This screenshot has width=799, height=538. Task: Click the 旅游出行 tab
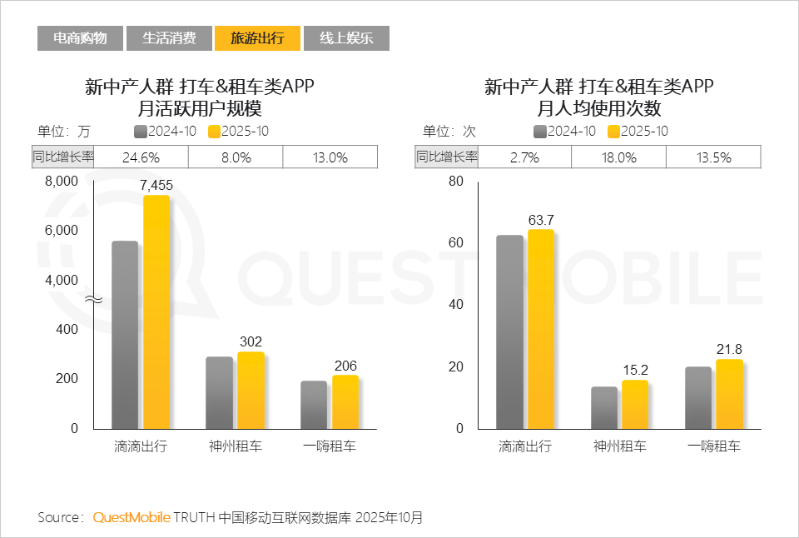click(257, 38)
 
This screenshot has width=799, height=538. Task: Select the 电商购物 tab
click(80, 38)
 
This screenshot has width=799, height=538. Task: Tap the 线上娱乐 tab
click(346, 38)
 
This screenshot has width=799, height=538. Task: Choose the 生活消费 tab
click(169, 38)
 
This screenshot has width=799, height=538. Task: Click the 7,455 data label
click(156, 186)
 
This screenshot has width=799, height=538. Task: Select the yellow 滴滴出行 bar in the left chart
click(156, 312)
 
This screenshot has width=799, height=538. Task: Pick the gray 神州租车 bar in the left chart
click(220, 392)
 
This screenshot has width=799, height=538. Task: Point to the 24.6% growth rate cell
click(141, 157)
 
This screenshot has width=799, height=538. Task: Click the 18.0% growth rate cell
click(619, 157)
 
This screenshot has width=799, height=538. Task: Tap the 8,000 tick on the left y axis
click(62, 182)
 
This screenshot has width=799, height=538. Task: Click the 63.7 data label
click(541, 220)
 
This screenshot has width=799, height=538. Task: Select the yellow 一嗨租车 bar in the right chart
click(729, 394)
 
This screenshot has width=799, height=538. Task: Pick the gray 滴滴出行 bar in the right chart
click(510, 331)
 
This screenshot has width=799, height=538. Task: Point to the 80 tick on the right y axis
click(455, 182)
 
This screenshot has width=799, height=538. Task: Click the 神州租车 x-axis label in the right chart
click(619, 446)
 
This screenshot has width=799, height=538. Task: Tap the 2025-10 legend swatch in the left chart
click(214, 132)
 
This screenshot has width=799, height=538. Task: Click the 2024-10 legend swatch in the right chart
click(540, 132)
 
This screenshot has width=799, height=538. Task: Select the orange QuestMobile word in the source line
click(132, 517)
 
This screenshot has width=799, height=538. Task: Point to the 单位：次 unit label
click(449, 132)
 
